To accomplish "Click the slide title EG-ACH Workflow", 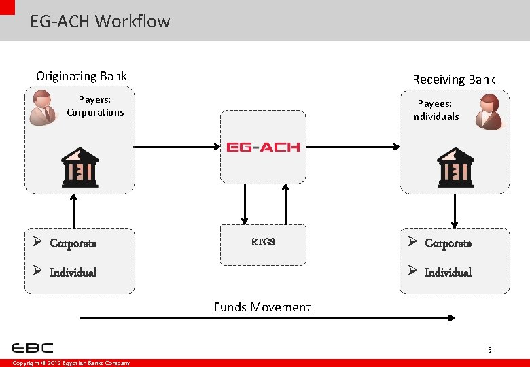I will [100, 21].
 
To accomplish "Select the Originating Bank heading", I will [82, 76].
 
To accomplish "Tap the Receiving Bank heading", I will [454, 80].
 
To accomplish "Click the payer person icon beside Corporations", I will [44, 107].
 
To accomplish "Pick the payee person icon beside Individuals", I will [489, 112].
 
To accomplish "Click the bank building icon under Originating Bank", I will [79, 167].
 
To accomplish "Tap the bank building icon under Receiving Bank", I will [455, 167].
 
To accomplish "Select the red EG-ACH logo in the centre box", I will [263, 147].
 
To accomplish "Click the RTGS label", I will [263, 242].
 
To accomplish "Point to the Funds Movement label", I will [262, 307].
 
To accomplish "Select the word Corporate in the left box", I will [73, 243].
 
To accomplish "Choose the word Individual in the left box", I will [73, 273].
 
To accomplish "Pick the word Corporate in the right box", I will [448, 243].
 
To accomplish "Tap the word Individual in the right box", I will [448, 273].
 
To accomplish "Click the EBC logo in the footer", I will [33, 348].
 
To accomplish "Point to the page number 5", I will [489, 351].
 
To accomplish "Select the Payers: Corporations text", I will [95, 106].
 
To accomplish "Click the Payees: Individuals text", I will [435, 110].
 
